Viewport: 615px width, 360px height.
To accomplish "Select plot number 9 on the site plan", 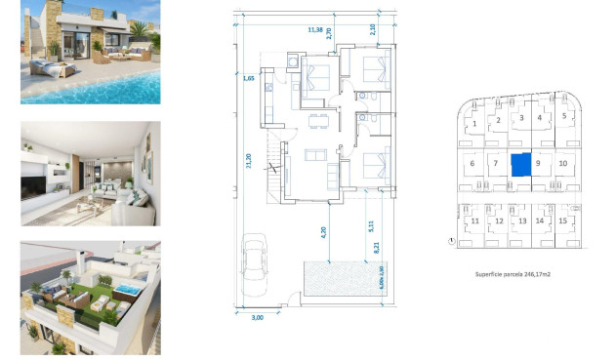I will (x=539, y=164).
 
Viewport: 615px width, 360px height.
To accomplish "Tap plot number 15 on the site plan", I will (x=562, y=221).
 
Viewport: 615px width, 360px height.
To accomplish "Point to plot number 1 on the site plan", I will (x=473, y=124).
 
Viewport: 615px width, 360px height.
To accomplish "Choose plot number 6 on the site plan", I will (x=472, y=164).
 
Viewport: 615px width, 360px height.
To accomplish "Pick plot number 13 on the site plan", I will (x=521, y=221).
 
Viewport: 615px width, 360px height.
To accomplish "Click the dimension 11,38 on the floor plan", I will (x=315, y=30).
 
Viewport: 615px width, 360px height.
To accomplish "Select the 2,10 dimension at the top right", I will (x=373, y=29).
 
